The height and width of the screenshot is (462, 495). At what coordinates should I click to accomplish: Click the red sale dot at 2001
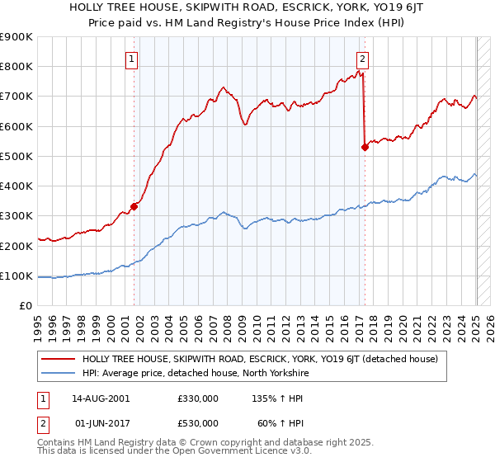point(134,207)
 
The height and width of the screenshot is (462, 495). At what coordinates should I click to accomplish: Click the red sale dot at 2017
point(365,148)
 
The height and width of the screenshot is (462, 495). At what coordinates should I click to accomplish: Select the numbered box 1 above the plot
point(133,59)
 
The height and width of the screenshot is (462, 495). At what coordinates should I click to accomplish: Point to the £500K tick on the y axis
point(17,156)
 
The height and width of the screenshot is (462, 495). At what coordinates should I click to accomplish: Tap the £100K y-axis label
point(17,276)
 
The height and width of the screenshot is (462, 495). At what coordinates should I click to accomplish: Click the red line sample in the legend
point(58,359)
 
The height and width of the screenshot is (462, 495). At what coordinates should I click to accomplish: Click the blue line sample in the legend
point(58,373)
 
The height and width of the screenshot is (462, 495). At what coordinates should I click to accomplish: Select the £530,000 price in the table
point(197,422)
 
